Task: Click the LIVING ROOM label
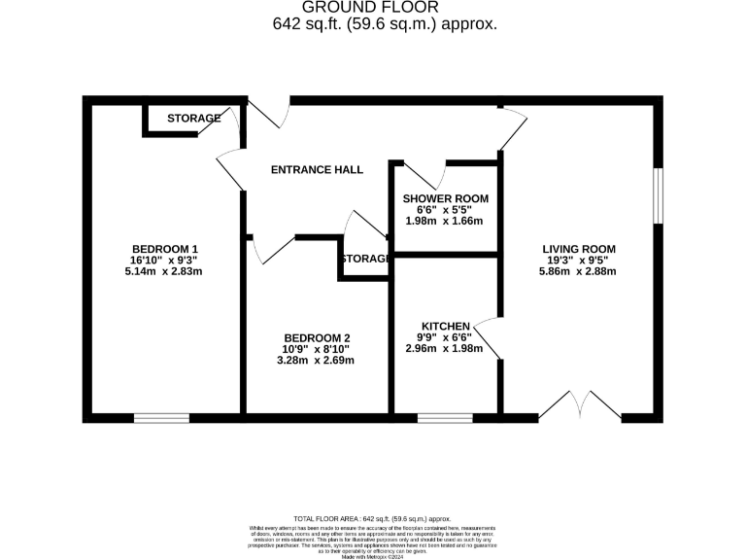pyautogui.click(x=579, y=248)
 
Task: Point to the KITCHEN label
pyautogui.click(x=446, y=326)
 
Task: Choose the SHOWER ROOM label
pyautogui.click(x=445, y=198)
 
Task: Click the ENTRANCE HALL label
pyautogui.click(x=317, y=169)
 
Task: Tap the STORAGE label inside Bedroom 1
pyautogui.click(x=194, y=119)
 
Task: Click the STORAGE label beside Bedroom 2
pyautogui.click(x=365, y=259)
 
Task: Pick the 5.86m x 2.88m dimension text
pyautogui.click(x=579, y=271)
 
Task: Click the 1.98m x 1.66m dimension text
pyautogui.click(x=445, y=221)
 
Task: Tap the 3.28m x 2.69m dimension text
pyautogui.click(x=315, y=360)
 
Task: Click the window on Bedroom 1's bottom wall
pyautogui.click(x=161, y=418)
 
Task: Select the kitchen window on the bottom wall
pyautogui.click(x=445, y=418)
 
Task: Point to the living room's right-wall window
pyautogui.click(x=658, y=195)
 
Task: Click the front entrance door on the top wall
pyautogui.click(x=272, y=111)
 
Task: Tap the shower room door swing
pyautogui.click(x=431, y=175)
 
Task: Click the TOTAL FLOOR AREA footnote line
pyautogui.click(x=372, y=520)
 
